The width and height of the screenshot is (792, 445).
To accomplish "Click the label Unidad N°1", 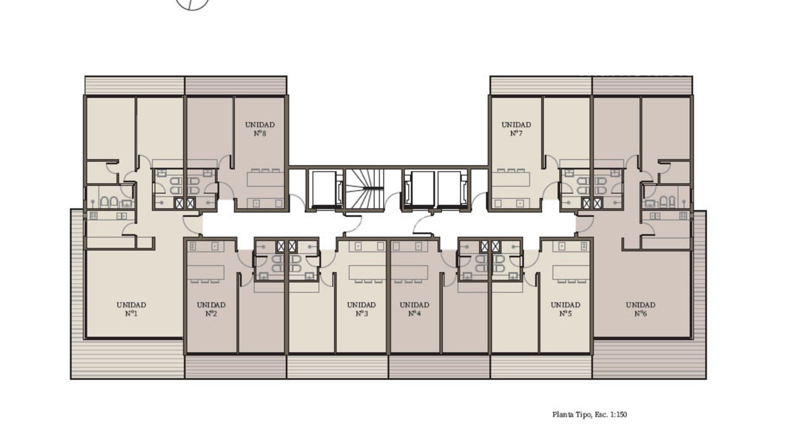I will (x=131, y=309).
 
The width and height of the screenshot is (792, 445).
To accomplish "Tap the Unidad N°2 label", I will (x=211, y=309).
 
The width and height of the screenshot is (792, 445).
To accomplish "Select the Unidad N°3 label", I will (x=361, y=309).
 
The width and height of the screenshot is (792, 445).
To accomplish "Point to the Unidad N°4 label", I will (x=414, y=309).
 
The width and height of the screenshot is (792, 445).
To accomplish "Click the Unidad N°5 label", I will (x=565, y=309).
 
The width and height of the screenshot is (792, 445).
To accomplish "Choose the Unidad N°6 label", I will (x=640, y=309).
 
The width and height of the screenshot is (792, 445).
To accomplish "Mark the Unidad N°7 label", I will (x=516, y=129).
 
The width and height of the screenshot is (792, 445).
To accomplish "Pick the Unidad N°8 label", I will (x=259, y=129).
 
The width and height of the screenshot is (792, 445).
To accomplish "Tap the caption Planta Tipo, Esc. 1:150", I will (x=589, y=415).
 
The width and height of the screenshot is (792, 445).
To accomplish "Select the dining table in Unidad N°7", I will (x=511, y=180).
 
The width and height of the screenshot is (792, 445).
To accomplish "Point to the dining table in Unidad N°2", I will (x=206, y=272).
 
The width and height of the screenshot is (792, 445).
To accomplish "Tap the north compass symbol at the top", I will (x=192, y=4).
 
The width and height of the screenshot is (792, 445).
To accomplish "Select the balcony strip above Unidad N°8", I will (x=236, y=85).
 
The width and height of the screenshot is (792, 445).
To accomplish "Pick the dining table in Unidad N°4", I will (x=410, y=272).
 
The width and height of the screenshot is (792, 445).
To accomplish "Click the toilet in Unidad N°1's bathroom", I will (x=105, y=202).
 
